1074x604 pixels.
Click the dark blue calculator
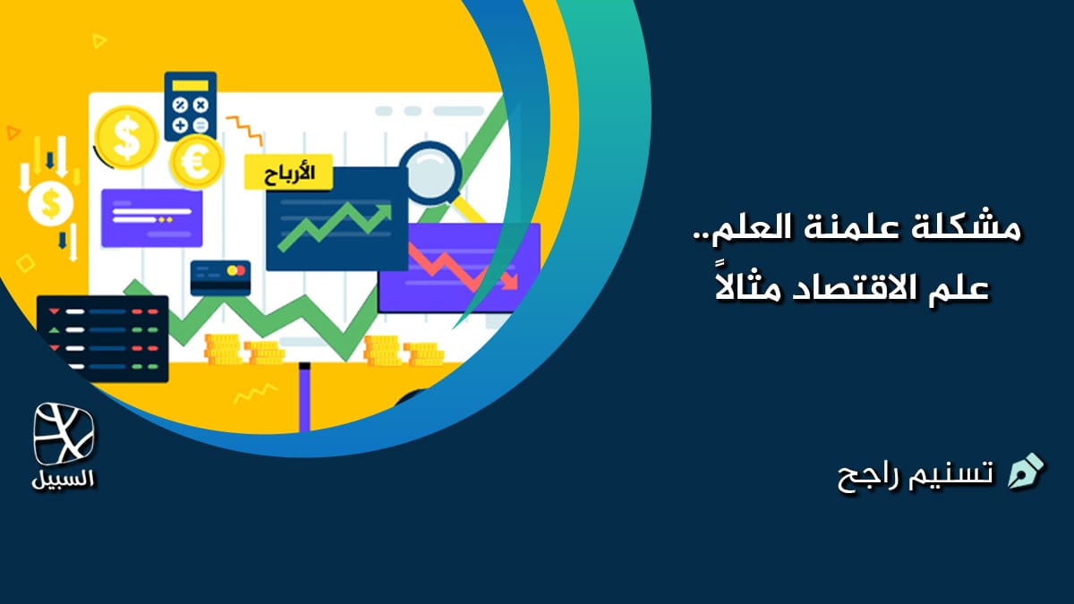[x=190, y=105]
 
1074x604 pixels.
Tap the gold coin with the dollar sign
[x=126, y=136]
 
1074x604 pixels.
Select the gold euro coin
[x=196, y=161]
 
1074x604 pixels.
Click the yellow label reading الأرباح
[x=287, y=172]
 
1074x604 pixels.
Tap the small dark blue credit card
[x=220, y=277]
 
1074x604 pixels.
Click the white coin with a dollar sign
[x=50, y=203]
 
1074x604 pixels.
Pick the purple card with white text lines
[x=151, y=217]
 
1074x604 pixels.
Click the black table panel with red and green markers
[x=102, y=338]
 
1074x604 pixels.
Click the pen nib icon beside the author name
[x=1026, y=472]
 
